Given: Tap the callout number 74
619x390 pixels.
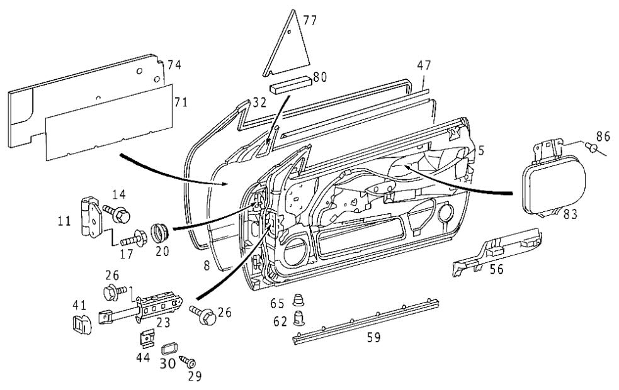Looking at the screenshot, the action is tap(174, 65).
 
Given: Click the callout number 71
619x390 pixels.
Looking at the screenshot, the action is tap(181, 102).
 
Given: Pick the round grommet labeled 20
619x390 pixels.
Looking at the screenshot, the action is tap(160, 233).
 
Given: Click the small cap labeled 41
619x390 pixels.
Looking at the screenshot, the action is tap(82, 324).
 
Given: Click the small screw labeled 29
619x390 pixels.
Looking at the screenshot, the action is tap(188, 362).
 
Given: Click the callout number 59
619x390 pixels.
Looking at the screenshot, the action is tap(374, 337).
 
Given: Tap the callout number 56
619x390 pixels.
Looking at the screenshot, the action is tap(497, 269).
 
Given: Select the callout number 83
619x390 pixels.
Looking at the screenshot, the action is tap(570, 214).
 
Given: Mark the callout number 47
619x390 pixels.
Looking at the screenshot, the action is tap(424, 65).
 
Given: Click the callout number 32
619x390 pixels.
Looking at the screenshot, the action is tap(260, 103).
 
